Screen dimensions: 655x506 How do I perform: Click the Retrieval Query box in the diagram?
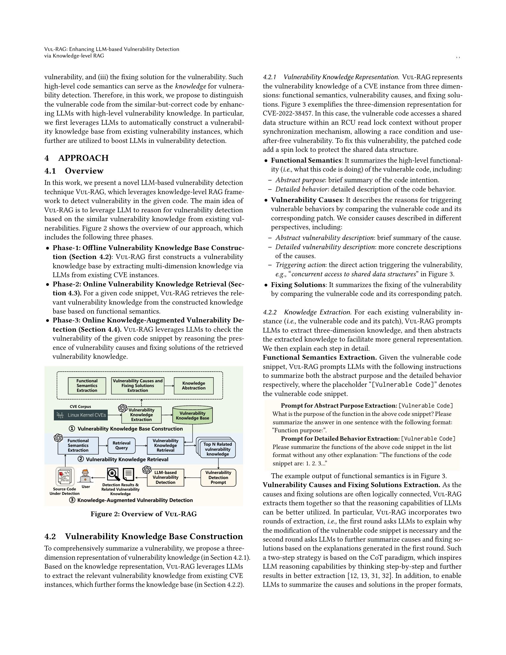tap(121, 445)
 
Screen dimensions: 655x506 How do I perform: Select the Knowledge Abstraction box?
tap(194, 385)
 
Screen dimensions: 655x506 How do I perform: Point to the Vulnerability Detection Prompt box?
tap(218, 478)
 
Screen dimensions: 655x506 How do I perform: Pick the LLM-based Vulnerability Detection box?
tap(165, 478)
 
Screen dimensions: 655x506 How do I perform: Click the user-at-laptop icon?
tap(86, 475)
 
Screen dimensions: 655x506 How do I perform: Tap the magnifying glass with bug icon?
tap(113, 475)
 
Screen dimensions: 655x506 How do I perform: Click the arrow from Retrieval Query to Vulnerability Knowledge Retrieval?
tap(141, 445)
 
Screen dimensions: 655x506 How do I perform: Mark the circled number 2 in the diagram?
tap(81, 459)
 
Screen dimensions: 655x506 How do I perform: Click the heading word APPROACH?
tap(83, 158)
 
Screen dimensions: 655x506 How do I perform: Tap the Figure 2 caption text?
tap(143, 514)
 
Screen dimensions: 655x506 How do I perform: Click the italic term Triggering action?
tap(294, 265)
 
